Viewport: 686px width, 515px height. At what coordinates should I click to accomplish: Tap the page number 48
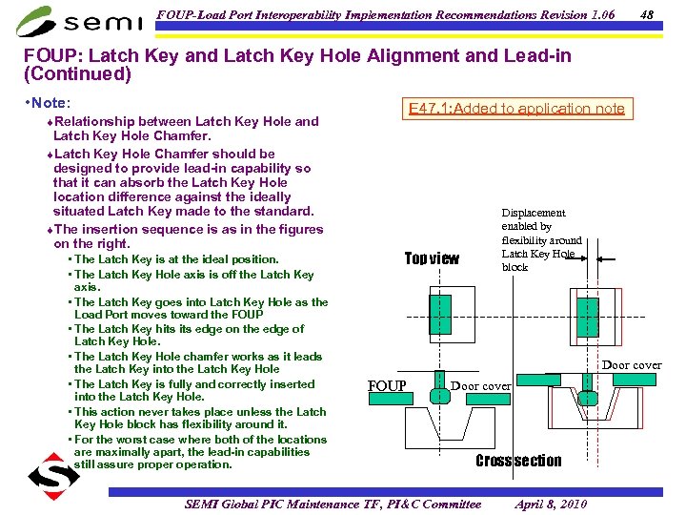coord(647,14)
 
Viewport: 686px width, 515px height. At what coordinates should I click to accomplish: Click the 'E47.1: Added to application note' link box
coord(516,108)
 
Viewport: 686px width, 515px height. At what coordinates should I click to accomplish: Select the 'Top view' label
coord(432,258)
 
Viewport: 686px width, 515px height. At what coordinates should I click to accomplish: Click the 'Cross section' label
coord(518,461)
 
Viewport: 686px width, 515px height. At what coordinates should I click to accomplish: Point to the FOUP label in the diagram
coord(387,386)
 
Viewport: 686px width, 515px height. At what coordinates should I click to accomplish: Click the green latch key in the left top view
coord(439,314)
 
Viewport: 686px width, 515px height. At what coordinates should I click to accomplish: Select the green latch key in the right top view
coord(588,315)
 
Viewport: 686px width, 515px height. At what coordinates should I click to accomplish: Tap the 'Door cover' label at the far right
coord(631,365)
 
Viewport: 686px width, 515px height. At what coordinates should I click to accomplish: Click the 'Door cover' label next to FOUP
coord(480,386)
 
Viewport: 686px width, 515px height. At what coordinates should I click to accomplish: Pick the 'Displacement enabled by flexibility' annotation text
coord(540,239)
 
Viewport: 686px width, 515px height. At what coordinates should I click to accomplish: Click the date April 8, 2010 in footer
coord(551,504)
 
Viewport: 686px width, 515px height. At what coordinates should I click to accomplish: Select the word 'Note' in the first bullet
coord(51,101)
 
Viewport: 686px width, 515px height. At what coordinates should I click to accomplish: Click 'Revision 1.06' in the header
coord(569,14)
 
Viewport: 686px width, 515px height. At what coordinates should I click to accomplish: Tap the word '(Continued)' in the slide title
coord(76,73)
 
